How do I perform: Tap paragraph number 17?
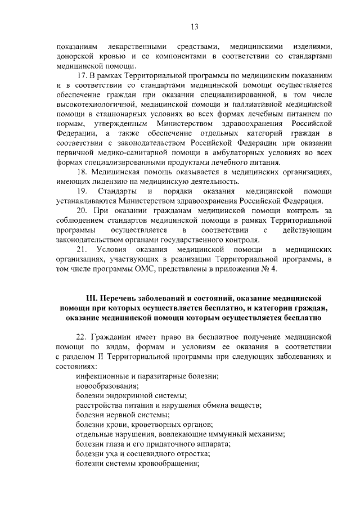(82, 75)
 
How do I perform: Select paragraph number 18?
(82, 172)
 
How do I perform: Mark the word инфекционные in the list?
(105, 376)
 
